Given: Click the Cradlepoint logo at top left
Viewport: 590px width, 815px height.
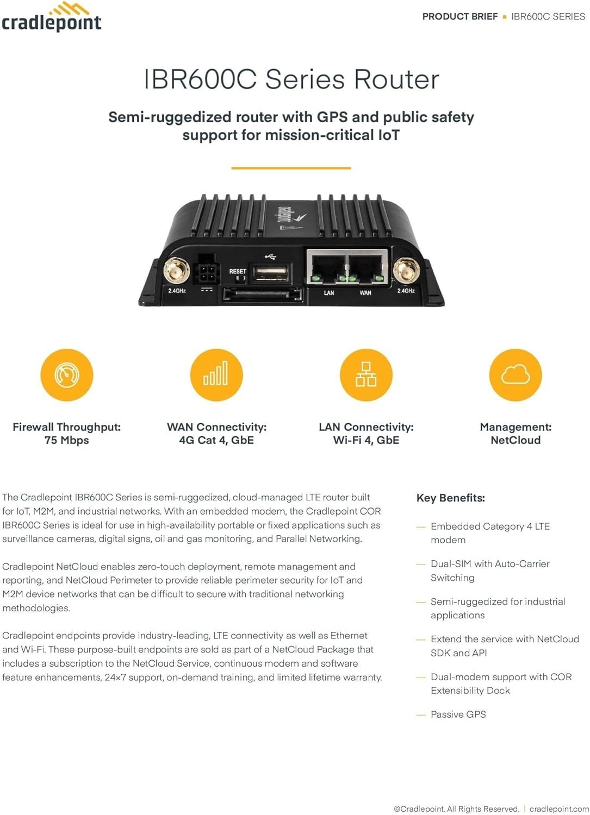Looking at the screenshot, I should click(x=51, y=17).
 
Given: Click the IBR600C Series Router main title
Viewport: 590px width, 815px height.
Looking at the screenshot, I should click(x=291, y=79).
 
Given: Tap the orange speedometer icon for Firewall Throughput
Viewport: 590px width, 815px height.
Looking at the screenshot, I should click(x=67, y=375).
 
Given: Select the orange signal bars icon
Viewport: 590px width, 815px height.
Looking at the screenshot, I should click(x=216, y=375).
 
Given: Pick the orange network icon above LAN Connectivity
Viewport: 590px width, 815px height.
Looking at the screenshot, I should click(x=366, y=375).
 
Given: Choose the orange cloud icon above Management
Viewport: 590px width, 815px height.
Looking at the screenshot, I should click(x=516, y=375).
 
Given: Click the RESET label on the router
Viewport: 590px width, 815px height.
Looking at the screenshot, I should click(x=238, y=271).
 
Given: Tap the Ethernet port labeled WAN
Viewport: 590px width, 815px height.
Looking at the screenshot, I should click(x=367, y=267).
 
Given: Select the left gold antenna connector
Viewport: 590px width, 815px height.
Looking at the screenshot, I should click(x=177, y=269).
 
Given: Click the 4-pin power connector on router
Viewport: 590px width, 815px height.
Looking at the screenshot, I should click(x=207, y=270).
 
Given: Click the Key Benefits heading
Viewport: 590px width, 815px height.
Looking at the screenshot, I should click(x=450, y=498).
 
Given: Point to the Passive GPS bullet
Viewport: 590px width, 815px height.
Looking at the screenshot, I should click(x=458, y=714).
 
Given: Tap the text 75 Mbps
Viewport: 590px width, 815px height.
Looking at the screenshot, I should click(x=66, y=440).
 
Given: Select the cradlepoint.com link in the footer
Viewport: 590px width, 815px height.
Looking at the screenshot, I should click(x=558, y=809).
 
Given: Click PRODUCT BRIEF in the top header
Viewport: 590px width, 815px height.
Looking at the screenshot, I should click(x=460, y=16).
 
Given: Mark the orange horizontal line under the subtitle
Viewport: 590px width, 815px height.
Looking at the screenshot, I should click(x=291, y=168).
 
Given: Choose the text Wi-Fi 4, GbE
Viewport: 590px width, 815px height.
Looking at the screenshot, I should click(x=366, y=440).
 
